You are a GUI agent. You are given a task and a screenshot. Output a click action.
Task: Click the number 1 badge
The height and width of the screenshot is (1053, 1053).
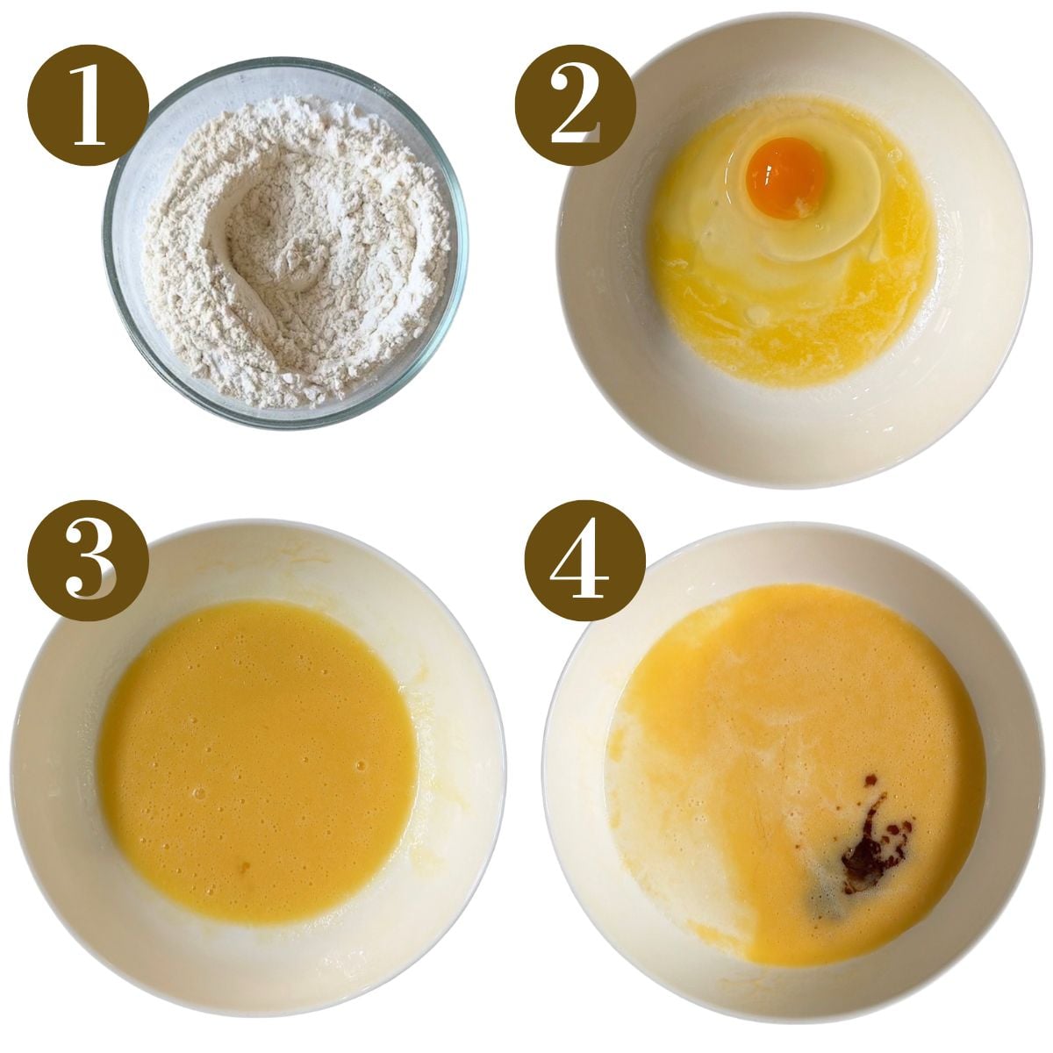[88, 104]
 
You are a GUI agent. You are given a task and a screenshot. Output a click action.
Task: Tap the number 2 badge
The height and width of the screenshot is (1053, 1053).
[575, 106]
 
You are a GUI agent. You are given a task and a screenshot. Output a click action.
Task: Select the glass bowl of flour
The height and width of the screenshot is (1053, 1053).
[285, 241]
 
